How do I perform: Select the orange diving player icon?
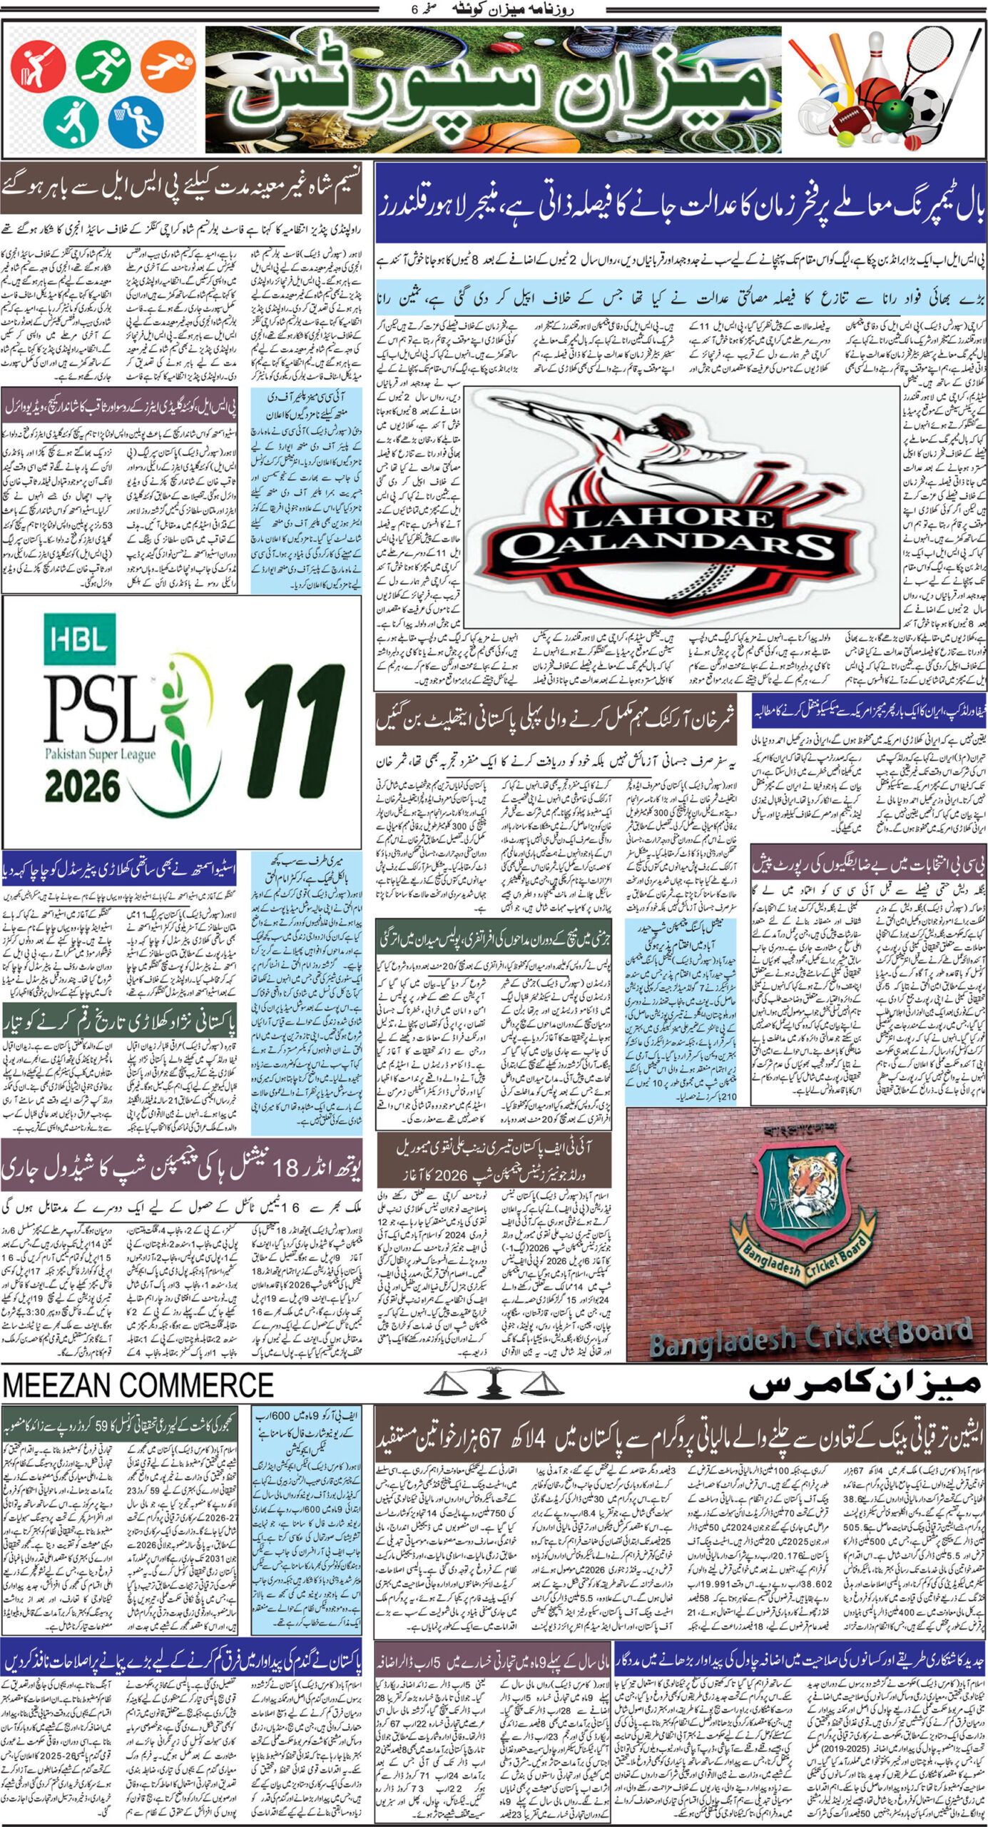click(x=168, y=63)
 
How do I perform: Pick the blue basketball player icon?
click(x=136, y=118)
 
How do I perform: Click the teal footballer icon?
click(x=71, y=119)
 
